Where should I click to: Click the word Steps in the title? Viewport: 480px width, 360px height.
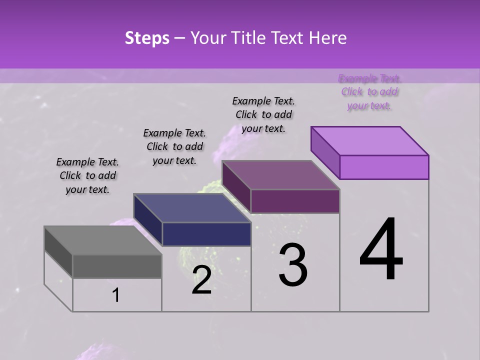(147, 38)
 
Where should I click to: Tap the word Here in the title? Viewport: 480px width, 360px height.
(326, 38)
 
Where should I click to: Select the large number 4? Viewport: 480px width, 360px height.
(381, 249)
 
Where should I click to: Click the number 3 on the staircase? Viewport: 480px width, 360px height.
(293, 265)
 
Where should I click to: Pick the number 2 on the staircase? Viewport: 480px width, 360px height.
(201, 280)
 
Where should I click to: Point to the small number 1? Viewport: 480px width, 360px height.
(115, 295)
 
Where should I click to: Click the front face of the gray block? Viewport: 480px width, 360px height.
(117, 266)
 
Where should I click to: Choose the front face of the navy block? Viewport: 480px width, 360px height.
(206, 234)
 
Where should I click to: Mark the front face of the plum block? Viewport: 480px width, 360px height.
(295, 201)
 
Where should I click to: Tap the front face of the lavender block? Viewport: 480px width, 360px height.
(384, 167)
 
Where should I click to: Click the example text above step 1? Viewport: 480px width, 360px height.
(87, 175)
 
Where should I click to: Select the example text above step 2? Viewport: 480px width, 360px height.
(174, 146)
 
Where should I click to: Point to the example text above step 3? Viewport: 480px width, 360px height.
(263, 114)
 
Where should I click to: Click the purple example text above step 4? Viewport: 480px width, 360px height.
(369, 91)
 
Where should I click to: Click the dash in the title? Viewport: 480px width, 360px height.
(180, 38)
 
